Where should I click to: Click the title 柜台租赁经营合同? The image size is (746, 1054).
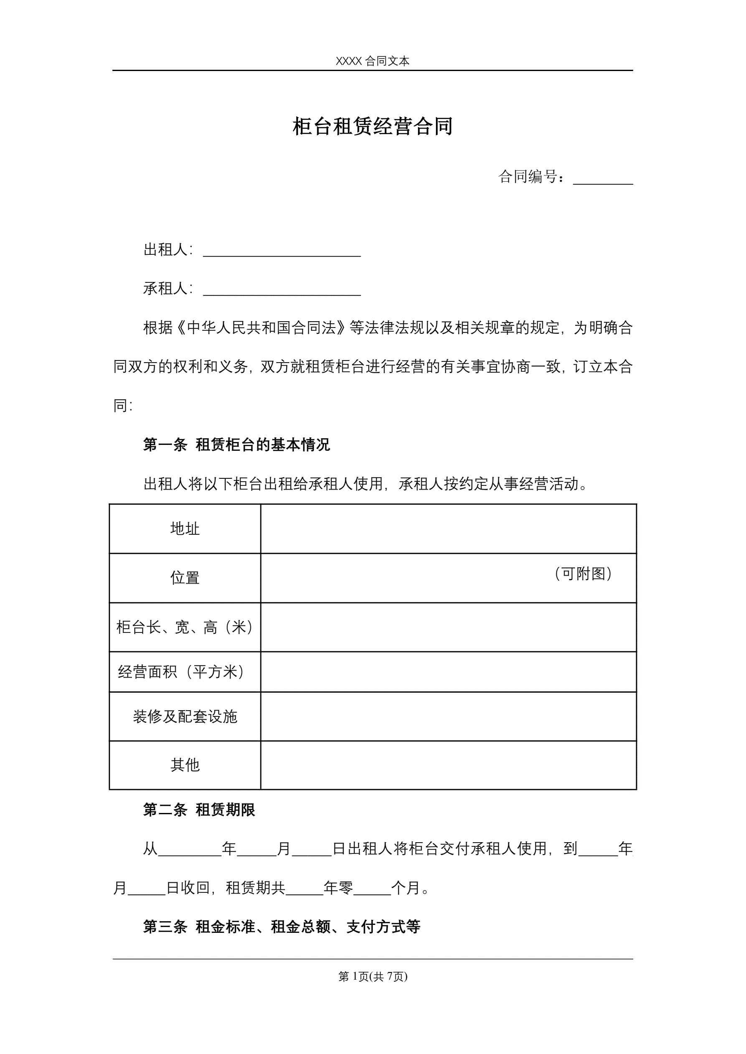372,126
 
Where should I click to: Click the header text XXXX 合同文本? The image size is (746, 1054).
372,61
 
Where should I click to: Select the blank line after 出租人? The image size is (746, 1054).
282,251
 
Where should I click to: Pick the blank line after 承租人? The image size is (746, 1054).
282,290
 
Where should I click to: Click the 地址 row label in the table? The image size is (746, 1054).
185,529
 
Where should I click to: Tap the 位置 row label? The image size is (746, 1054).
185,577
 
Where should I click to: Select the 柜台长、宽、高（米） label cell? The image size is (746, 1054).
185,627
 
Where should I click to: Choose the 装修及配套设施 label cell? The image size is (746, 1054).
185,716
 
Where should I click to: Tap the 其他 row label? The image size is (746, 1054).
185,765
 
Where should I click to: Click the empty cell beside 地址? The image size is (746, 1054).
448,529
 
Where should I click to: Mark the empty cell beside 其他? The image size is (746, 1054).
448,765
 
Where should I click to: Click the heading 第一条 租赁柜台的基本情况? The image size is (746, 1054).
236,445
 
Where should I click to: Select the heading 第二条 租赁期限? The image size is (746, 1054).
199,810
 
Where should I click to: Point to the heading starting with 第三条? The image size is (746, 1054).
282,927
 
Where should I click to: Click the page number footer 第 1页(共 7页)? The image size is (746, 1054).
372,976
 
